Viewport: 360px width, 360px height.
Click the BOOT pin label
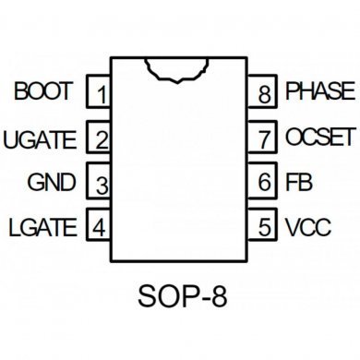point(44,92)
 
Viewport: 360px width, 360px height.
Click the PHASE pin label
point(319,91)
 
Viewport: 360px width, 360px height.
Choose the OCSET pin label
point(319,138)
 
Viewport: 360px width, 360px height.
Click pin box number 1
point(100,93)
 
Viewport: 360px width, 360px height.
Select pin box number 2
point(100,139)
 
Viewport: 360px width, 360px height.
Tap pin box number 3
point(100,183)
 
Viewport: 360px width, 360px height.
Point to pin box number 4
point(100,225)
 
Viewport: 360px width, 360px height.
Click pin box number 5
point(265,225)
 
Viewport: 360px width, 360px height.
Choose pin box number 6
point(265,183)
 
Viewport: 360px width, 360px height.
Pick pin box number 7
point(265,139)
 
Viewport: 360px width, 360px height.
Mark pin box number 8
point(265,93)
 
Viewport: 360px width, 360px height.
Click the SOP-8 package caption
point(182,297)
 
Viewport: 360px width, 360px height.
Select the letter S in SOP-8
point(148,297)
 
